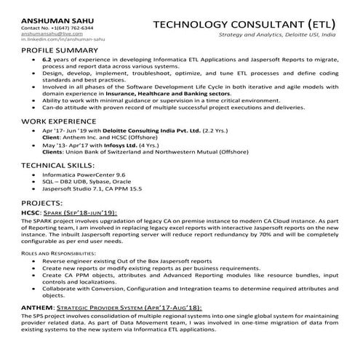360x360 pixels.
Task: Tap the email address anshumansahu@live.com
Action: [47, 33]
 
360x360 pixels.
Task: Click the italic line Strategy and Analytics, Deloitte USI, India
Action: [277, 34]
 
